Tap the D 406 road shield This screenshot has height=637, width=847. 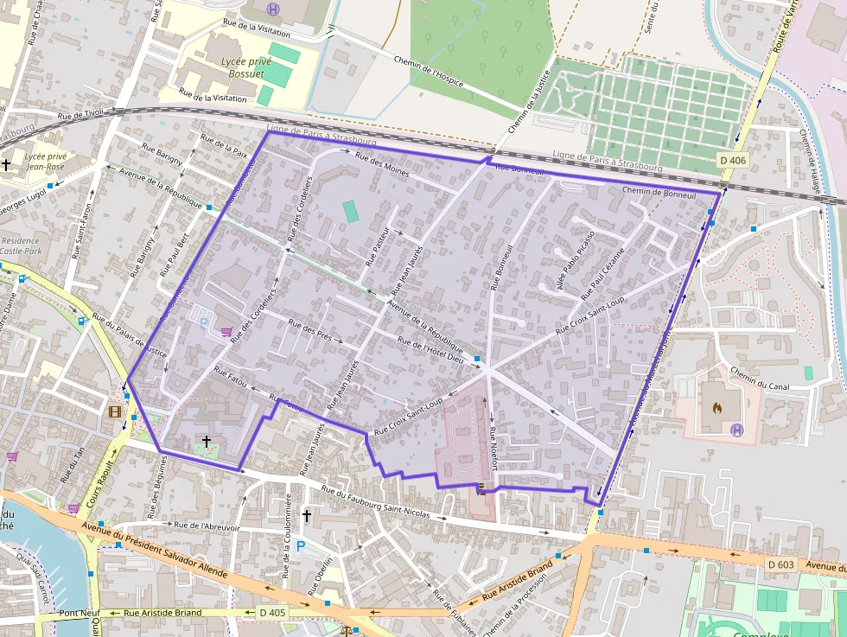point(732,161)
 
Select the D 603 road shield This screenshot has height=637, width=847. point(780,564)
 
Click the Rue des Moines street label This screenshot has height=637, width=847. point(382,161)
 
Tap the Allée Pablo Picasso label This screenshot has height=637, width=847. point(576,259)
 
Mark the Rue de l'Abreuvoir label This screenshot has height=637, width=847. point(207,525)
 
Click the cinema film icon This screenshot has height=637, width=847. point(116,411)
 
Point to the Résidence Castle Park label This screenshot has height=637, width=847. point(21,246)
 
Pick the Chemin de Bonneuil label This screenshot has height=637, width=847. point(659,194)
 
